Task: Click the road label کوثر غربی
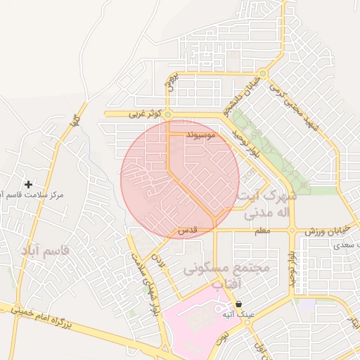click(x=146, y=113)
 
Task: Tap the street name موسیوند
click(x=205, y=132)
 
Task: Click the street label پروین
click(x=169, y=84)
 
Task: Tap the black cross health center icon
click(x=28, y=185)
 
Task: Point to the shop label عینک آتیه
click(x=238, y=315)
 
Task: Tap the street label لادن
click(x=160, y=261)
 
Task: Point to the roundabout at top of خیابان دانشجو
click(x=262, y=73)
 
